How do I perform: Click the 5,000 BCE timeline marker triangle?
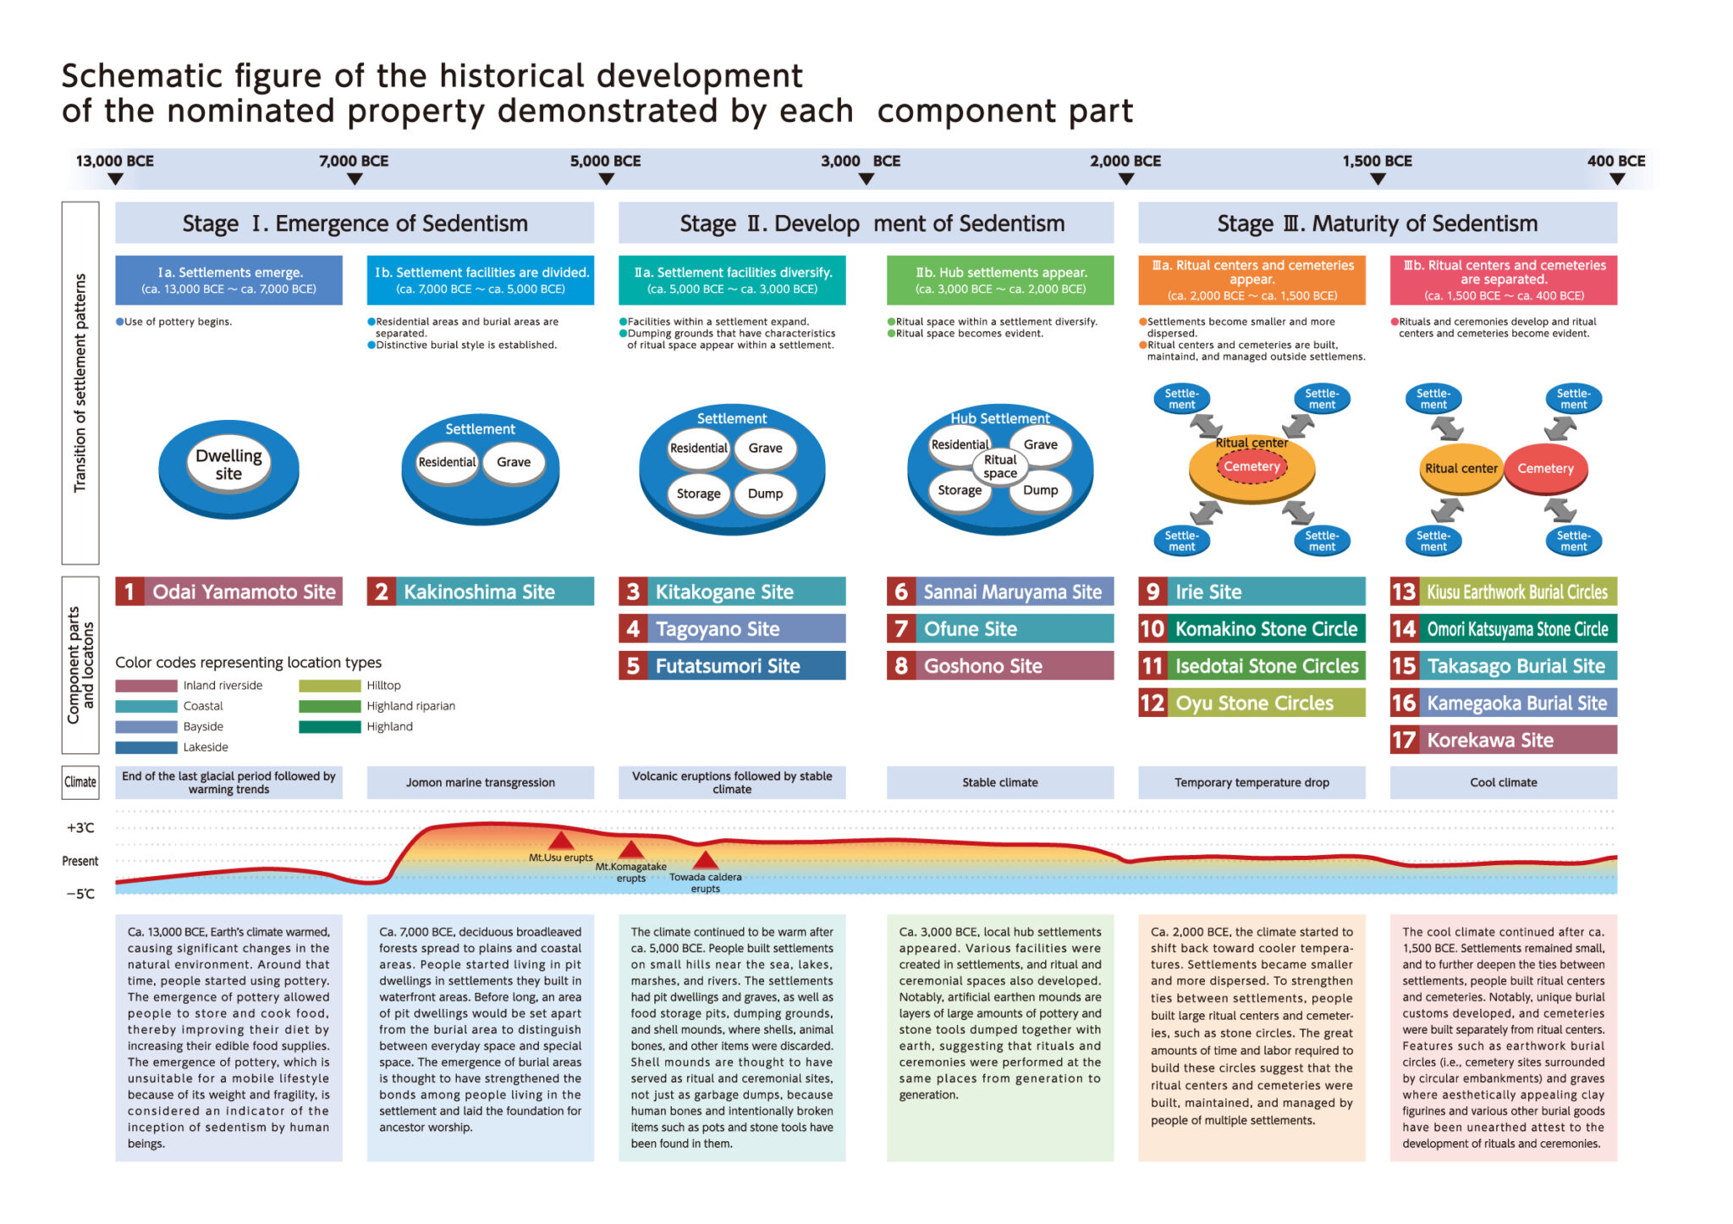[606, 179]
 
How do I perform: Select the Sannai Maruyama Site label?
[1000, 592]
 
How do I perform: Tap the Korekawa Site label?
[1503, 740]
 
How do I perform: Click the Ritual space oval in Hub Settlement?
[1000, 466]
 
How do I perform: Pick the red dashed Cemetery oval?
[1252, 466]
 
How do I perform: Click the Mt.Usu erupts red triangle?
[560, 841]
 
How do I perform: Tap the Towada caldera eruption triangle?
[705, 861]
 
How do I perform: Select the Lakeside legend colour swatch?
[146, 747]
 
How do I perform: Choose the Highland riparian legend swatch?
[329, 706]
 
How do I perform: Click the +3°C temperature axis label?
[80, 828]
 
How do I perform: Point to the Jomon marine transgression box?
[481, 783]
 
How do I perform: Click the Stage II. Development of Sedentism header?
[866, 223]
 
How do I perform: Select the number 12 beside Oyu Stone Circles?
[1152, 703]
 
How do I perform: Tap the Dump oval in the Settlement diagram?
[765, 493]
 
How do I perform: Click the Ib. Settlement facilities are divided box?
[481, 280]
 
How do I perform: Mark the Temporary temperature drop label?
[1252, 783]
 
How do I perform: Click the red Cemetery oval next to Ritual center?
[1545, 468]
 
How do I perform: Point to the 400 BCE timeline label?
[1616, 161]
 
